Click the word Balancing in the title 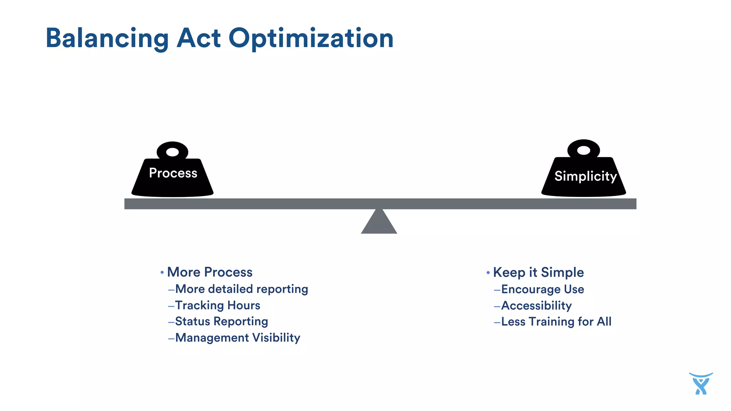pos(107,39)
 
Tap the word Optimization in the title pos(311,39)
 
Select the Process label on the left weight pos(173,173)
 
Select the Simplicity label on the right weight pos(585,176)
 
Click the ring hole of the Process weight pos(172,152)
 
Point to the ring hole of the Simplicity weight pos(584,150)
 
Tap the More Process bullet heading pos(210,272)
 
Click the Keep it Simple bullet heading pos(538,273)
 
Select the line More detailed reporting pos(241,289)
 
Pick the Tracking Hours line pos(217,305)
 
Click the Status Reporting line pos(221,321)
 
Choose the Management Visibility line pos(237,338)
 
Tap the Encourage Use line pos(543,289)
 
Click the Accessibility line pos(536,306)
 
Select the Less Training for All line pos(556,322)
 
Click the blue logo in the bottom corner pos(701,384)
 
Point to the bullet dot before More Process pos(162,273)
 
